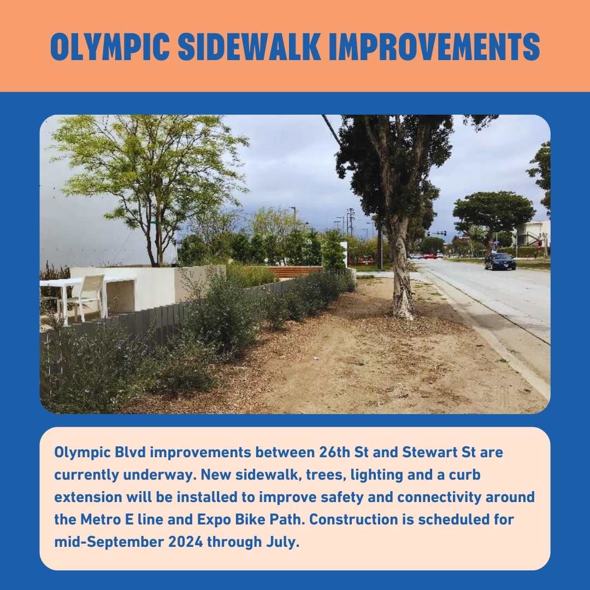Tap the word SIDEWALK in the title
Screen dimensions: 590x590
click(x=252, y=48)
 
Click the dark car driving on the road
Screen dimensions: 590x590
click(x=500, y=261)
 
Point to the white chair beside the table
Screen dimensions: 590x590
click(x=87, y=297)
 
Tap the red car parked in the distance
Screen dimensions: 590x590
click(x=429, y=256)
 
